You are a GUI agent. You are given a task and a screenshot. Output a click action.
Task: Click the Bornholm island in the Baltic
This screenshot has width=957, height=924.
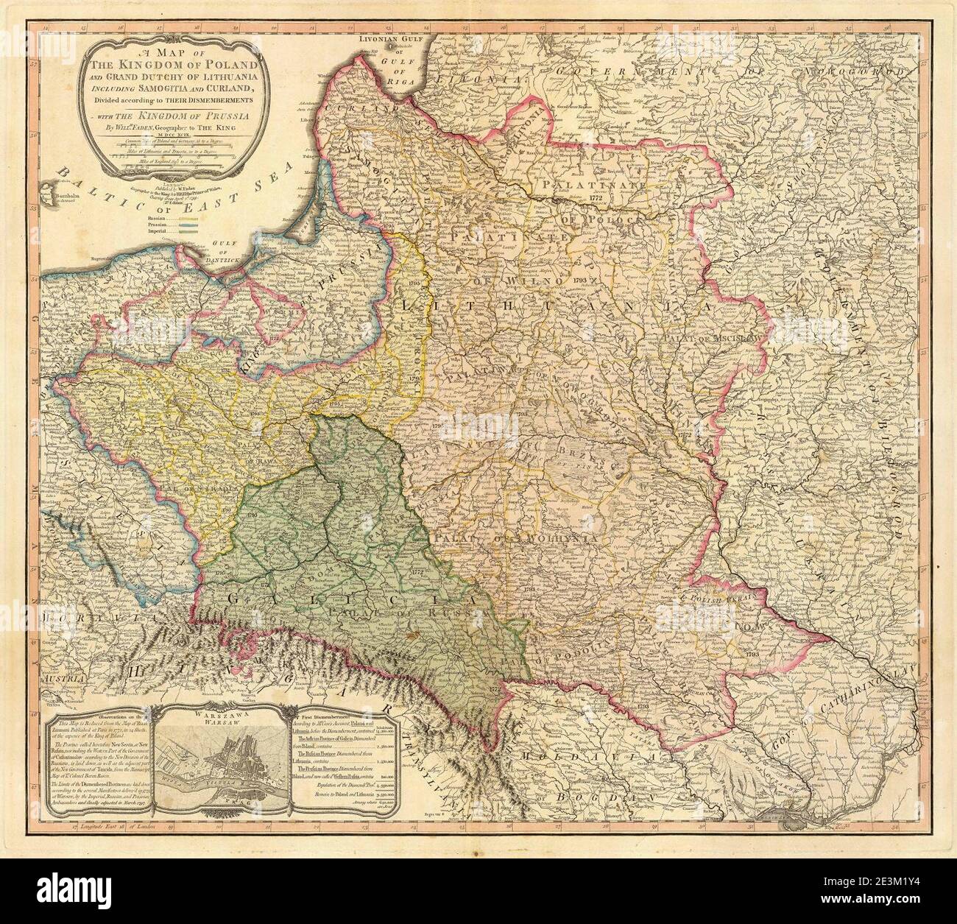(62, 196)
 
